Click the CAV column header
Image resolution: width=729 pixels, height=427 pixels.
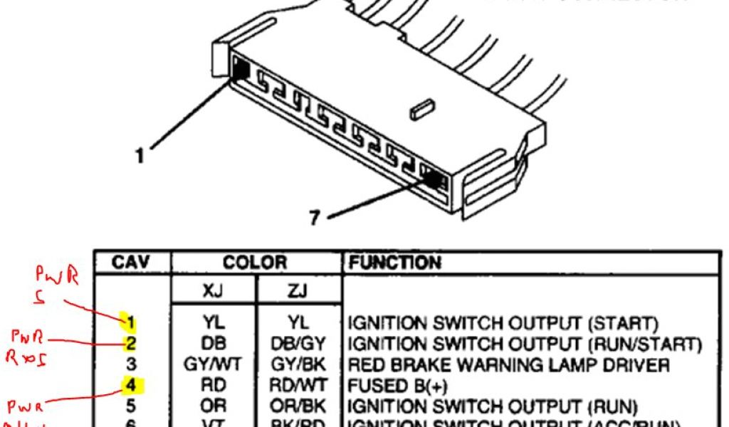tap(132, 263)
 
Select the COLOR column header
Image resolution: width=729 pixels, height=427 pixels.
tap(255, 263)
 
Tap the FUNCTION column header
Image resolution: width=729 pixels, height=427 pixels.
tap(394, 263)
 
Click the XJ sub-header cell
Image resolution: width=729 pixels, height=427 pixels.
tap(212, 292)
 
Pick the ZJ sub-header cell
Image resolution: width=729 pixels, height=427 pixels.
tap(298, 292)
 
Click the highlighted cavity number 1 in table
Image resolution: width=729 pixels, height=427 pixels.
tap(131, 324)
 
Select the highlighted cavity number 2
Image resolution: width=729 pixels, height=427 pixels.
tap(131, 344)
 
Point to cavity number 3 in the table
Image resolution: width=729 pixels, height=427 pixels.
tap(131, 366)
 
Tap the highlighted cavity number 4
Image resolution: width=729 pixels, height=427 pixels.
tap(131, 386)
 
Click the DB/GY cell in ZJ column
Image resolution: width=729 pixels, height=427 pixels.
tap(298, 345)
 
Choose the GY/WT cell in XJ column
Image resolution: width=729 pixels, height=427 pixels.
tap(212, 366)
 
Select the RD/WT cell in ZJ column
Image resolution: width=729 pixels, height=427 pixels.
tap(298, 386)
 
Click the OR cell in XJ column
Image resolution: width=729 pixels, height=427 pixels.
tap(212, 407)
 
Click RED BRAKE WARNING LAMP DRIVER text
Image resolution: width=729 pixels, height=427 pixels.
tap(508, 366)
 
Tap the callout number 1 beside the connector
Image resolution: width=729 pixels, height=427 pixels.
tap(140, 155)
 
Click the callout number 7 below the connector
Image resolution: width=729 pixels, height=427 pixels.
tap(315, 217)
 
